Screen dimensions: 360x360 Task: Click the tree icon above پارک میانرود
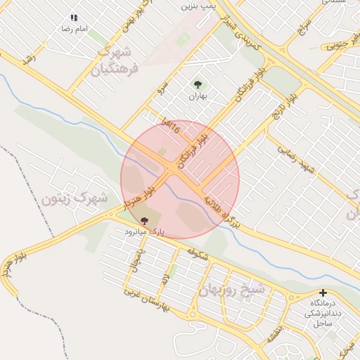pyautogui.click(x=144, y=221)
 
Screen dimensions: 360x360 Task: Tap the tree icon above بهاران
pyautogui.click(x=198, y=85)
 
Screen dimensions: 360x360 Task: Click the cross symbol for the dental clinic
pyautogui.click(x=323, y=292)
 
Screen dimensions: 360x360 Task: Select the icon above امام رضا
pyautogui.click(x=74, y=18)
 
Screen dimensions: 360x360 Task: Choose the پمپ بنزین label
pyautogui.click(x=198, y=6)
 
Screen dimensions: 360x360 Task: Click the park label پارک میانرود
pyautogui.click(x=143, y=231)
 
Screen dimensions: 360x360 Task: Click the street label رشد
pyautogui.click(x=29, y=60)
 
